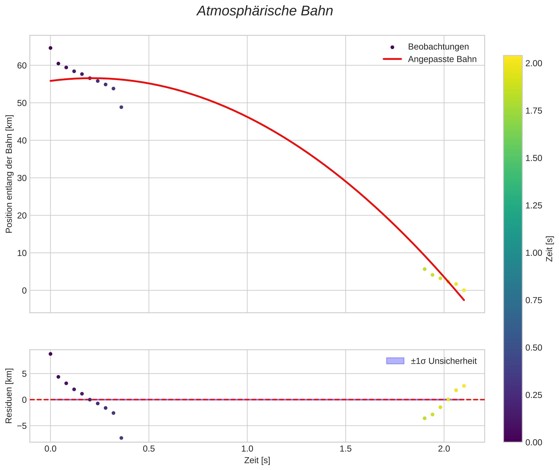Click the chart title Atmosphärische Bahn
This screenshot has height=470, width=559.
(x=265, y=11)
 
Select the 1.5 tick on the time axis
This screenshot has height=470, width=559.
(x=345, y=449)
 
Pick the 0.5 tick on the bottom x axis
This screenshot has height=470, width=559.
(x=149, y=449)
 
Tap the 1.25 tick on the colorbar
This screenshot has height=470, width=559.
(x=534, y=206)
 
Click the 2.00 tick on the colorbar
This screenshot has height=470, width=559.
(x=534, y=63)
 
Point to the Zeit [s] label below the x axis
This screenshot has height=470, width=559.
(x=257, y=460)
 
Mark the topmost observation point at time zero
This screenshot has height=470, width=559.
(x=50, y=48)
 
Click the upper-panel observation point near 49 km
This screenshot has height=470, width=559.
(x=121, y=107)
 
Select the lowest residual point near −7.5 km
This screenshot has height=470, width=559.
(x=121, y=438)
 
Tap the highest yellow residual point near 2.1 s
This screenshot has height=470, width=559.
(x=464, y=386)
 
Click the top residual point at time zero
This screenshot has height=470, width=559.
(x=50, y=354)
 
